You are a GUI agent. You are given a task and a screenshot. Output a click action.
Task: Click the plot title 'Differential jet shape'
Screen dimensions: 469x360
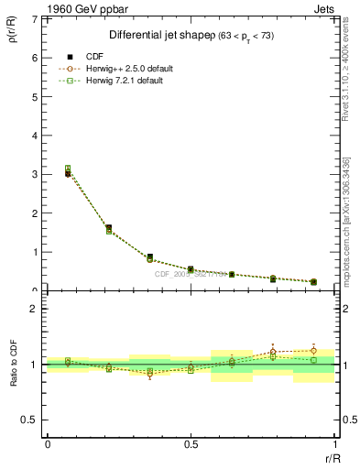pyautogui.click(x=159, y=36)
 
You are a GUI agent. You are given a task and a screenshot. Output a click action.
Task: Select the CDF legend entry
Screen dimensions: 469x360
pyautogui.click(x=94, y=57)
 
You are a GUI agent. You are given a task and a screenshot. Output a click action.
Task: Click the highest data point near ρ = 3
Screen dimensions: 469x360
pyautogui.click(x=68, y=169)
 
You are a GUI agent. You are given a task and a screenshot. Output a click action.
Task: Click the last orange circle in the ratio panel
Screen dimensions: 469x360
pyautogui.click(x=313, y=351)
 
